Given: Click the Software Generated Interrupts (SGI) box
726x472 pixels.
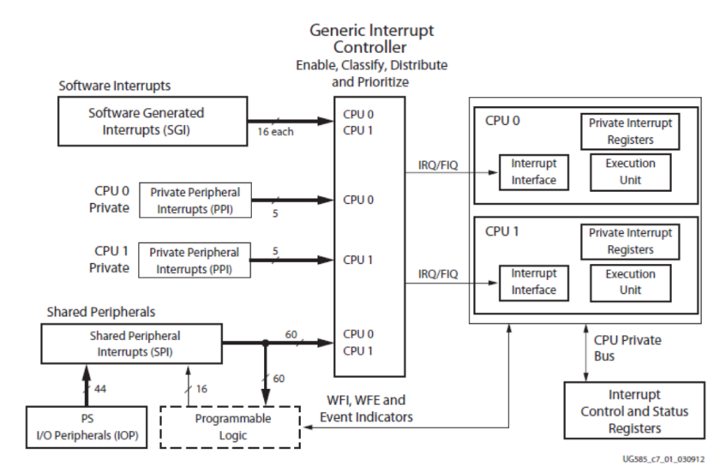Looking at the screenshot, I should click(x=147, y=121).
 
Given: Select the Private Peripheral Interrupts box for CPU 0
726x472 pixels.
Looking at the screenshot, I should click(x=194, y=200).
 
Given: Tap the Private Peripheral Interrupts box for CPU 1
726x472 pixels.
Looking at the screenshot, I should click(x=194, y=260).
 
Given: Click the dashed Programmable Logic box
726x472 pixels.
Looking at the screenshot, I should click(x=231, y=426).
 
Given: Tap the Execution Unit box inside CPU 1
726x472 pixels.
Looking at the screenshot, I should click(x=630, y=282).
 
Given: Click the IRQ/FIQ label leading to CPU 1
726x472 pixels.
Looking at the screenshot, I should click(x=437, y=273).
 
